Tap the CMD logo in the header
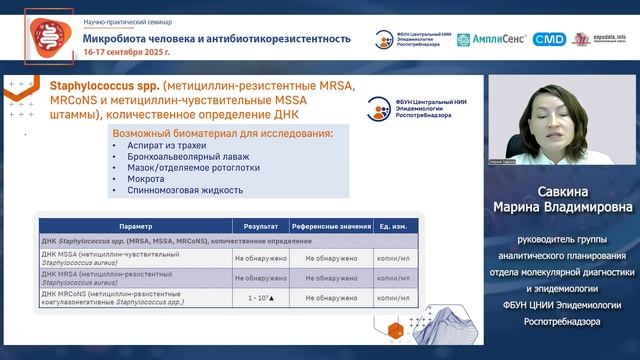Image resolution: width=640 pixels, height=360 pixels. [548, 40]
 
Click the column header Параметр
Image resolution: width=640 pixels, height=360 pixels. [136, 227]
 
